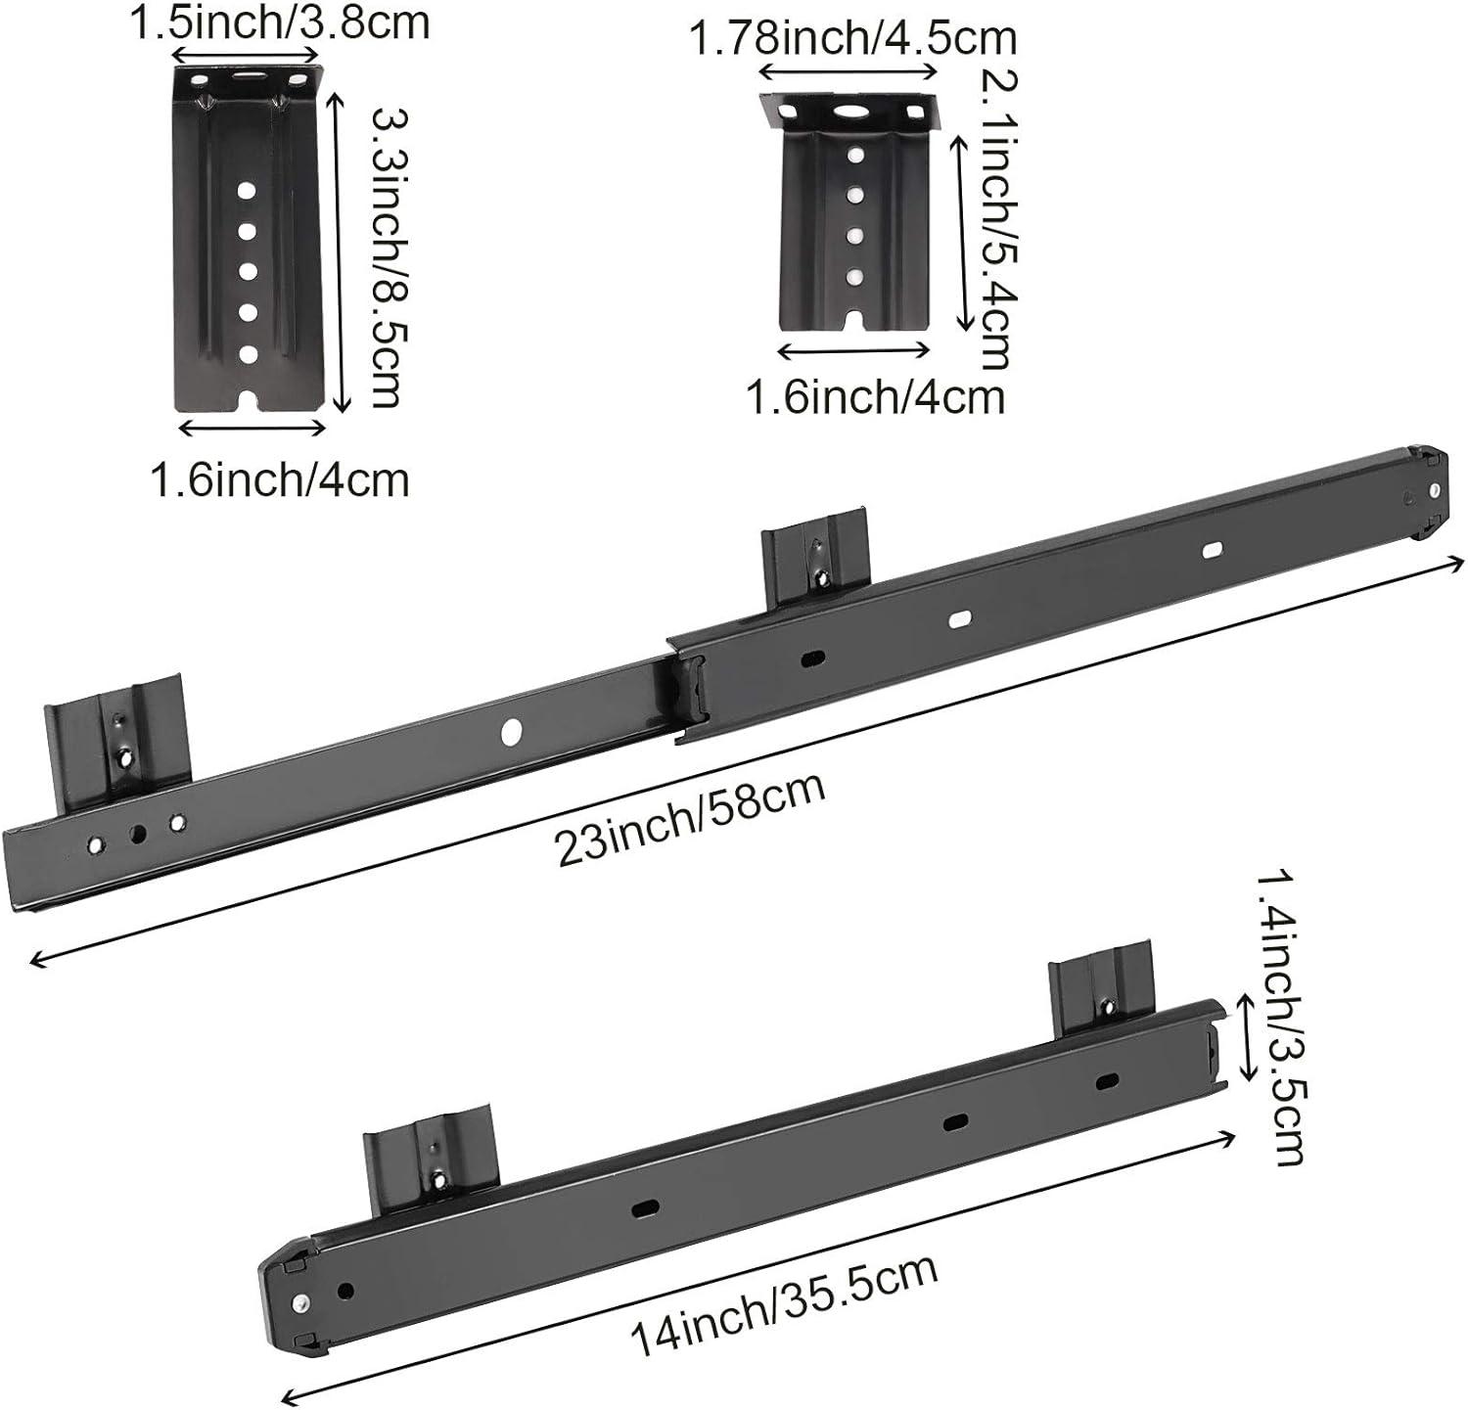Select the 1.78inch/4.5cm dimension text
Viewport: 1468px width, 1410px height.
tap(851, 39)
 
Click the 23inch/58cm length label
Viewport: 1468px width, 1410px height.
tap(690, 819)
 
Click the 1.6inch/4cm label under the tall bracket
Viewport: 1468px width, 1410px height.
tap(280, 479)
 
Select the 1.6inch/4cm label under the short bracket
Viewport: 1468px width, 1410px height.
tap(875, 397)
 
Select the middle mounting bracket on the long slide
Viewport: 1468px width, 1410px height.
tap(815, 555)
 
